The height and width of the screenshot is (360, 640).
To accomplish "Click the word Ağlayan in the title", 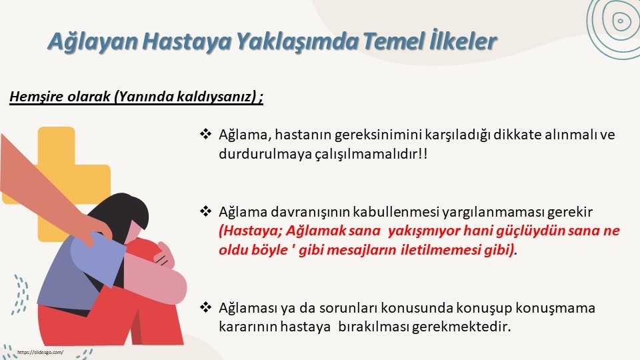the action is point(93,41).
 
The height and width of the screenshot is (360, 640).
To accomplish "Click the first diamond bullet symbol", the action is point(205,133).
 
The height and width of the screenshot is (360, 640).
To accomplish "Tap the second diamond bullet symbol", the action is point(205,211).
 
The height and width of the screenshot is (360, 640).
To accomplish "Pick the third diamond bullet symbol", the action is point(205,307).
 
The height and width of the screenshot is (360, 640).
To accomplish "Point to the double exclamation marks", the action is point(423,153).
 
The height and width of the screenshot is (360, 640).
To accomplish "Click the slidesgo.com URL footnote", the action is point(40,352).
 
